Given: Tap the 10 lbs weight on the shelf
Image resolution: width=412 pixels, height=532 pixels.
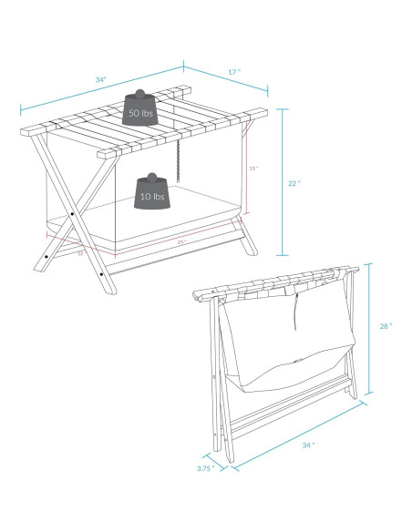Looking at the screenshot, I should pyautogui.click(x=151, y=193).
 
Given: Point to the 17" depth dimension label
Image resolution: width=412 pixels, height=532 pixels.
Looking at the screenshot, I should pyautogui.click(x=233, y=71).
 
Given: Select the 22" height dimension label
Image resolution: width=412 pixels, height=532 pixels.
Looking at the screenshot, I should pyautogui.click(x=294, y=182).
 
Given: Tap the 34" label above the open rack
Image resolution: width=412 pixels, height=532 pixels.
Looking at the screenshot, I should pyautogui.click(x=100, y=80).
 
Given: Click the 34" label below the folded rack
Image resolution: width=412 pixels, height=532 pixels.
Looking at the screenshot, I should pyautogui.click(x=308, y=445).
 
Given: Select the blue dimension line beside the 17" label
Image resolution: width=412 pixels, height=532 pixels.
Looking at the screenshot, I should pyautogui.click(x=226, y=78).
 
